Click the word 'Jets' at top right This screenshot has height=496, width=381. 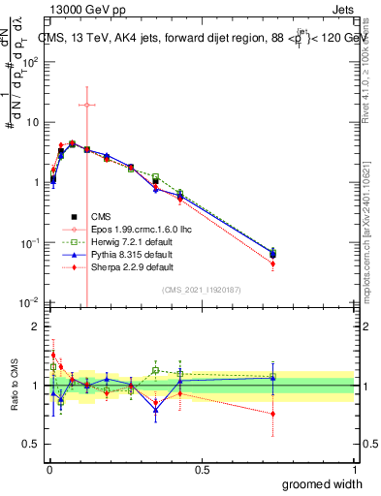click(342, 11)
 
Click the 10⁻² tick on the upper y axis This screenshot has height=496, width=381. click(31, 302)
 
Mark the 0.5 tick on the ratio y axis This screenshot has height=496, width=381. click(33, 445)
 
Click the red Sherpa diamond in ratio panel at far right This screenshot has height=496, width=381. click(273, 414)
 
